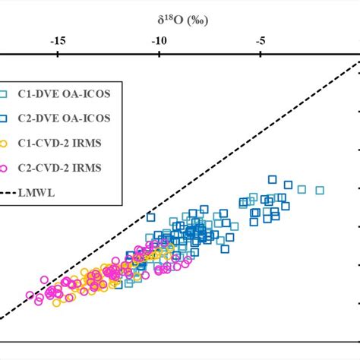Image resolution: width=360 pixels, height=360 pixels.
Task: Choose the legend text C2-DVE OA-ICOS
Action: click(67, 118)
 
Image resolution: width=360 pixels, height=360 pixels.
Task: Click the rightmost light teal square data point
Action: click(320, 190)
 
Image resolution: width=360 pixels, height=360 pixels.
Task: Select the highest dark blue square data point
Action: click(273, 179)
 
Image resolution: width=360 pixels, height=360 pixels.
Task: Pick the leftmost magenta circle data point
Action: click(30, 295)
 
